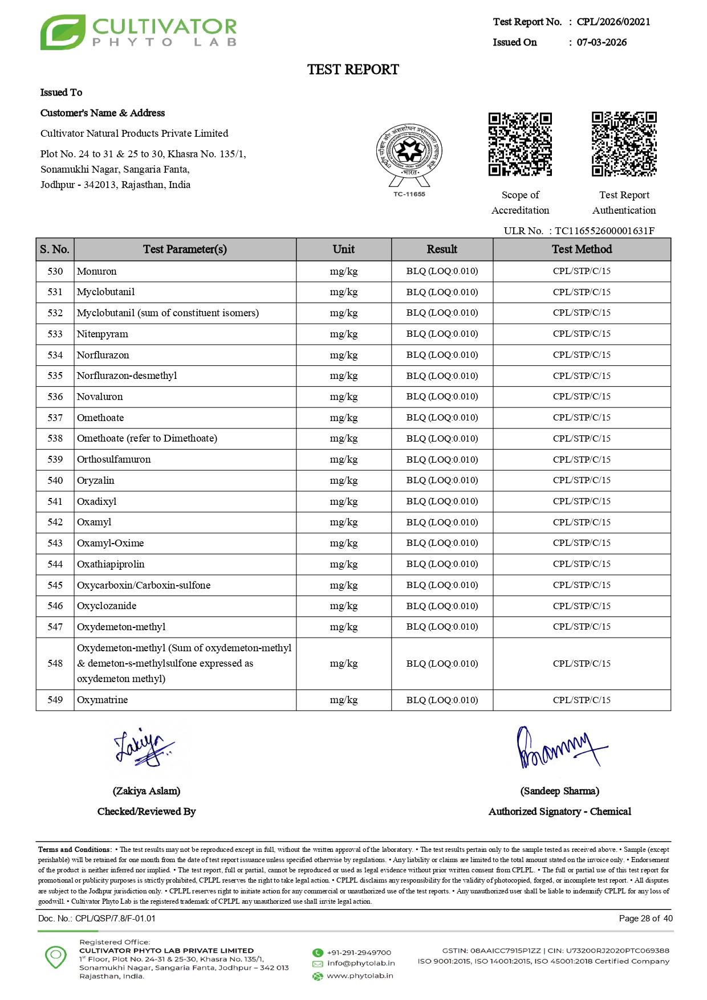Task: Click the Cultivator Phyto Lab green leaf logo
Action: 63,32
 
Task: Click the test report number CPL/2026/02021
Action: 613,22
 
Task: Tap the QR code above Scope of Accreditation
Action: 520,144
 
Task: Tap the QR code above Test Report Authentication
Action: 624,144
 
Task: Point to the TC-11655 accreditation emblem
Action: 409,157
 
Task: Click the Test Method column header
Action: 582,249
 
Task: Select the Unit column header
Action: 343,249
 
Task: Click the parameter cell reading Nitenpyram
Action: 103,334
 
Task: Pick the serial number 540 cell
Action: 55,480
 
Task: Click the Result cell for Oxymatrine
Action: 442,700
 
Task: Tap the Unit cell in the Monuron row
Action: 343,271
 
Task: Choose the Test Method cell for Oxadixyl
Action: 582,501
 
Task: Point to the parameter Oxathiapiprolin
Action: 111,564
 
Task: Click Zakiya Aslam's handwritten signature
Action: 143,747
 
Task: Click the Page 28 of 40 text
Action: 645,918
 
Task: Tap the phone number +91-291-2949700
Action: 359,952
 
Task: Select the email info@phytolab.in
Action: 361,963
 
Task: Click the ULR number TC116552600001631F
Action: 604,231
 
